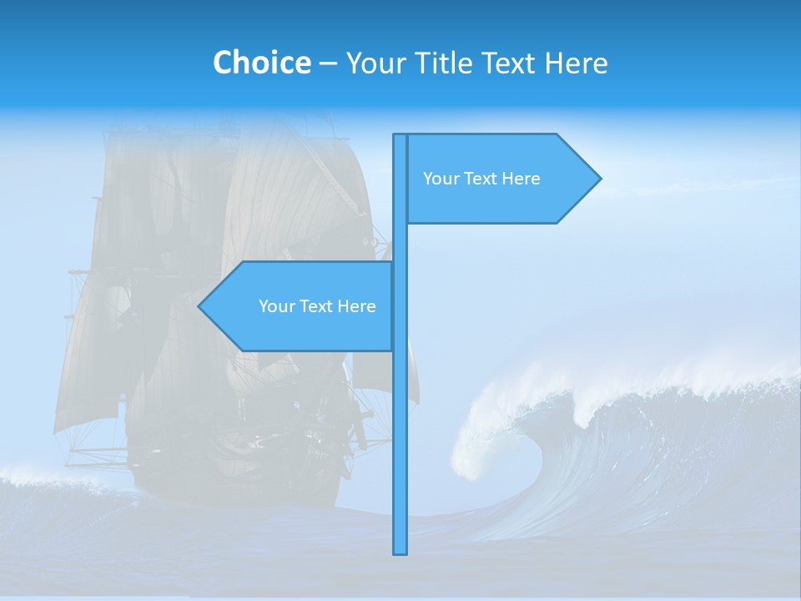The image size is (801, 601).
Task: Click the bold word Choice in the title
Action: (261, 63)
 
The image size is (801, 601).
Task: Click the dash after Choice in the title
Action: (328, 63)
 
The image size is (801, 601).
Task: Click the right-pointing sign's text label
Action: (481, 179)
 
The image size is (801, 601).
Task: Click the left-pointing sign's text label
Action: (317, 306)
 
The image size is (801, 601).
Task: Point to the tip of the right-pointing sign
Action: (599, 178)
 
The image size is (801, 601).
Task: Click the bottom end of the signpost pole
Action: (400, 551)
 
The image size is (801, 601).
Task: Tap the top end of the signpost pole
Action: (400, 136)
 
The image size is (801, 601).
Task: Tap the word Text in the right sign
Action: (482, 179)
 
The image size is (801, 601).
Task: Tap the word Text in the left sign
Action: (318, 306)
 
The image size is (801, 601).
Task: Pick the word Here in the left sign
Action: (356, 306)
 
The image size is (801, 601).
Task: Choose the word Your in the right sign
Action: (441, 179)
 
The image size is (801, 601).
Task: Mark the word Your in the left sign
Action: (277, 306)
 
